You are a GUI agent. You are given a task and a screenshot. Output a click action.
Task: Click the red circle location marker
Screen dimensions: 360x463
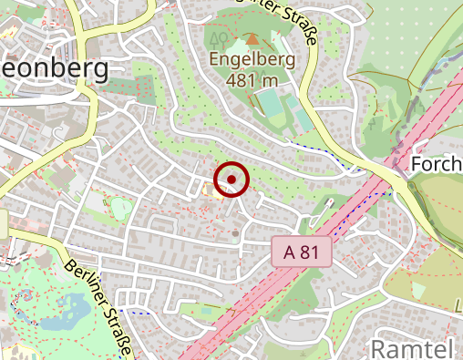coord(231,180)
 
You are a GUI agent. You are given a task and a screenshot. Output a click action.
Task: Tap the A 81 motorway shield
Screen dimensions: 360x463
coord(301,252)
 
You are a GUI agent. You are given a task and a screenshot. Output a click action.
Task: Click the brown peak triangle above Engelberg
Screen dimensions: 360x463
coord(252,39)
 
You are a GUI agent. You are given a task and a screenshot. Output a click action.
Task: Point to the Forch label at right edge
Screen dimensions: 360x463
coord(437,164)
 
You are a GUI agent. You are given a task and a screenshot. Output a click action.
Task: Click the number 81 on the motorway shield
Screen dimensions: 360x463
coord(308,252)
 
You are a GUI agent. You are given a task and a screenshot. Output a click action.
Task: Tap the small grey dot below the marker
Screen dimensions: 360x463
coord(234,233)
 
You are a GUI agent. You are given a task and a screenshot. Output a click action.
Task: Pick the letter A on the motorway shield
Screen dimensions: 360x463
coord(288,252)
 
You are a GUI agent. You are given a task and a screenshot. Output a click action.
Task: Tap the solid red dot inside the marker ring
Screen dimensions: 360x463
coord(231,180)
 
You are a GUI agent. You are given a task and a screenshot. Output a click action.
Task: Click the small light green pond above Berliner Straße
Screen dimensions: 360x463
coord(118,208)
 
